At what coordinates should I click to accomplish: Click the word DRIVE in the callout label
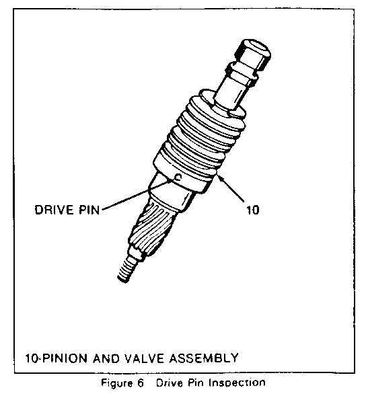coord(54,210)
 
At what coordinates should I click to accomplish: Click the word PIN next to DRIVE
coord(88,210)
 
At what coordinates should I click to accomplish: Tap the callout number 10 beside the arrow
coord(253,210)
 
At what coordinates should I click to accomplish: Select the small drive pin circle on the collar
coord(178,177)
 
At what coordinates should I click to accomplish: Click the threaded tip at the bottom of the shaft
coord(126,270)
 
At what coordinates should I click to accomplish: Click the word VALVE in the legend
coord(145,358)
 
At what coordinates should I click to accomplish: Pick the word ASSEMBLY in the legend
coord(204,358)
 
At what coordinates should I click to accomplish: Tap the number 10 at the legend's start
coord(31,358)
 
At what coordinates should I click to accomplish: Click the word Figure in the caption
coord(116,383)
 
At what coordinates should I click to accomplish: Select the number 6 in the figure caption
coord(141,383)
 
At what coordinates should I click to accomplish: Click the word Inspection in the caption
coord(237,383)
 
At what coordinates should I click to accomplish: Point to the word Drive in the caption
coord(169,383)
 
